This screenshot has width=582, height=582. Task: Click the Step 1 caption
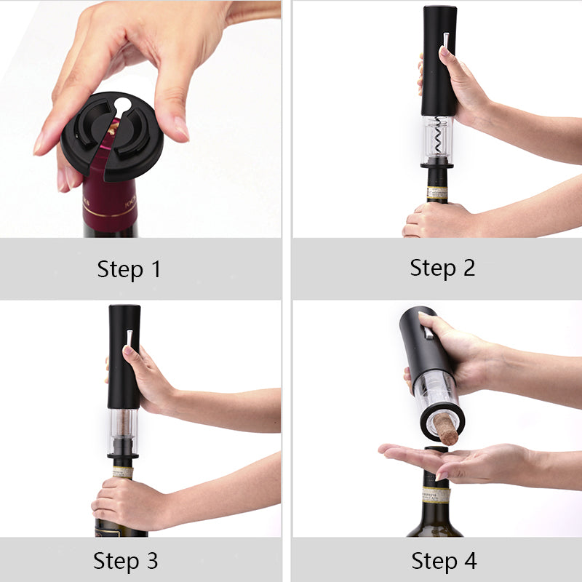click(129, 269)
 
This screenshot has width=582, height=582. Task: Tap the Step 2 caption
click(442, 267)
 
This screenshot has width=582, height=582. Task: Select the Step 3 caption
click(125, 561)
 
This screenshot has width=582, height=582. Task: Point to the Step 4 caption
click(444, 561)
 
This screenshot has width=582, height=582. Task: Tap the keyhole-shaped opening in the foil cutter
click(123, 106)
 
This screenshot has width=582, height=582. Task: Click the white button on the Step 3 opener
click(129, 338)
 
